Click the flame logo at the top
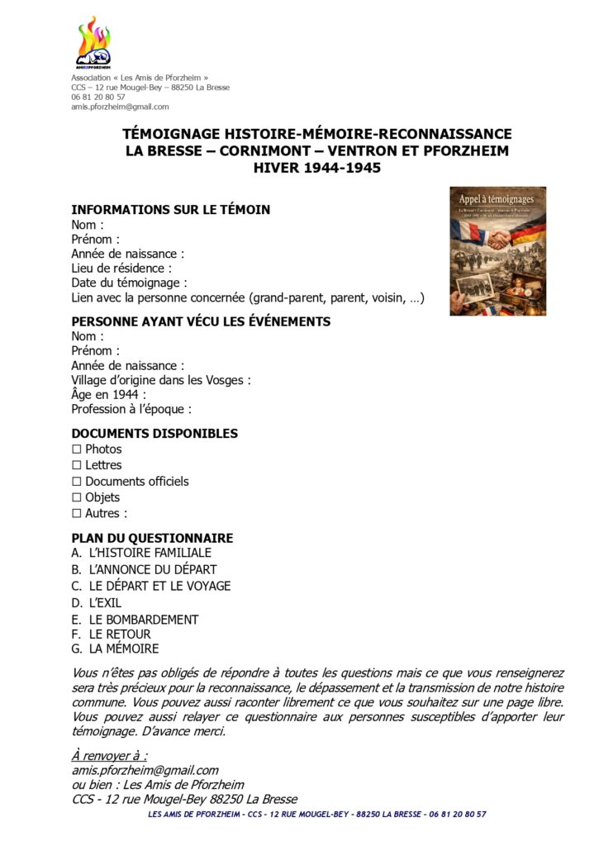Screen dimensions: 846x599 [x=93, y=42]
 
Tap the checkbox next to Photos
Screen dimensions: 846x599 [x=77, y=449]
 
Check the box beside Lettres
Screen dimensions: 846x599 [x=77, y=465]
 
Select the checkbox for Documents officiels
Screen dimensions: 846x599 [x=77, y=482]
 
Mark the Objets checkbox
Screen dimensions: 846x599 [x=77, y=497]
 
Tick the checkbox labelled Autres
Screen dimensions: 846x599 [x=77, y=513]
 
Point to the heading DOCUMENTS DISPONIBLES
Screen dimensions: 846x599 [x=155, y=434]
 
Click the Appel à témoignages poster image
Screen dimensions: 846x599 [x=497, y=251]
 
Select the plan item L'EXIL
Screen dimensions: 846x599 [x=105, y=603]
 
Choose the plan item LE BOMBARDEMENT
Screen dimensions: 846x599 [x=144, y=620]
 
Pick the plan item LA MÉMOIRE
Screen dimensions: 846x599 [x=124, y=649]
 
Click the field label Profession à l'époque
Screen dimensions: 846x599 [x=131, y=409]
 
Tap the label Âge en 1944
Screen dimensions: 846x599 [x=108, y=395]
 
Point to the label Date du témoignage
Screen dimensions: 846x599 [x=129, y=283]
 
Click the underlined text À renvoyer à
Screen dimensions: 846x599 [x=109, y=756]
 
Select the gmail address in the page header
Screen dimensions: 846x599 [x=120, y=107]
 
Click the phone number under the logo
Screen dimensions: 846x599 [x=98, y=97]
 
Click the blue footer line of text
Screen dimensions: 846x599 [x=316, y=815]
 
